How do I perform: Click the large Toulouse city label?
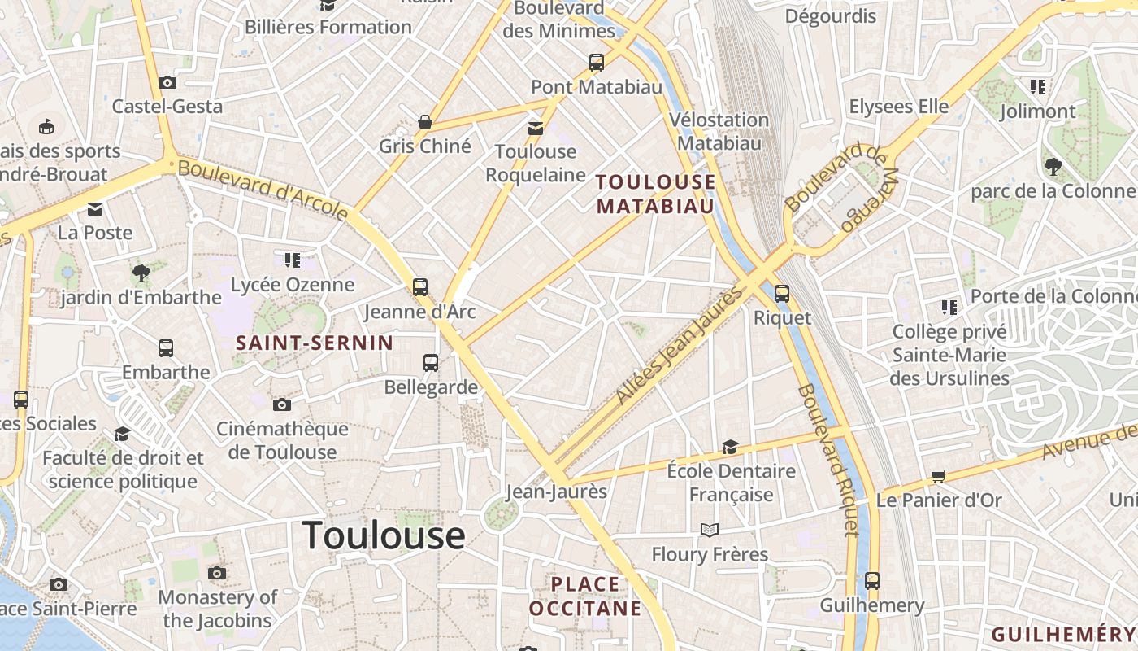[x=383, y=535]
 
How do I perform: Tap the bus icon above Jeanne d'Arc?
[x=419, y=286]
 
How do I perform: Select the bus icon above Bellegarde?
[x=431, y=363]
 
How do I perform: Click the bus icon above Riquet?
[x=782, y=294]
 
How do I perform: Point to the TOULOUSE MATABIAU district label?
[x=656, y=194]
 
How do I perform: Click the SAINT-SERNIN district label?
[x=314, y=343]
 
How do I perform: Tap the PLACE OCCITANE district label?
[x=585, y=596]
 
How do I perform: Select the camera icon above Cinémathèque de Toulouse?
[x=281, y=404]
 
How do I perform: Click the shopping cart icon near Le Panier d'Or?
[x=939, y=476]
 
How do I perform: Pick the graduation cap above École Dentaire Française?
[x=730, y=447]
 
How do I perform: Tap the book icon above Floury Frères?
[x=710, y=531]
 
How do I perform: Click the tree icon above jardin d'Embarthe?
[x=141, y=273]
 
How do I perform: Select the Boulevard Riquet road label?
[x=827, y=460]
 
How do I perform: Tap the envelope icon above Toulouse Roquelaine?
[x=535, y=128]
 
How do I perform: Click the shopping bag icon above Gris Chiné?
[x=424, y=122]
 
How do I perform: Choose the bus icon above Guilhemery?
[x=872, y=581]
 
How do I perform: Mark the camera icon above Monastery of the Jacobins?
[x=216, y=573]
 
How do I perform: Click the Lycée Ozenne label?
[x=293, y=285]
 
